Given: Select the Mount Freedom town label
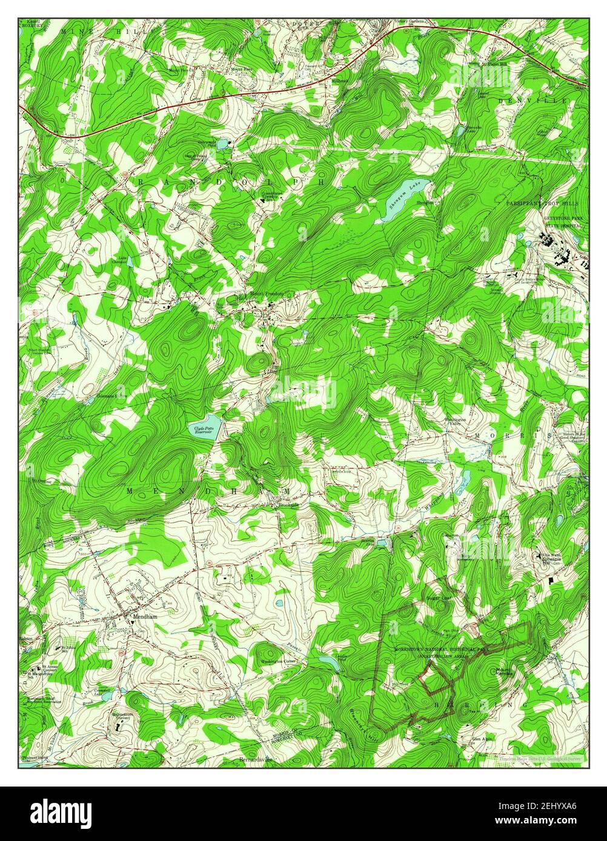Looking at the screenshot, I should pyautogui.click(x=267, y=295).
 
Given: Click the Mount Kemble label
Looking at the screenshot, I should pyautogui.click(x=505, y=672).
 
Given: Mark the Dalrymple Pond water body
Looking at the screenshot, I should pyautogui.click(x=222, y=144).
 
